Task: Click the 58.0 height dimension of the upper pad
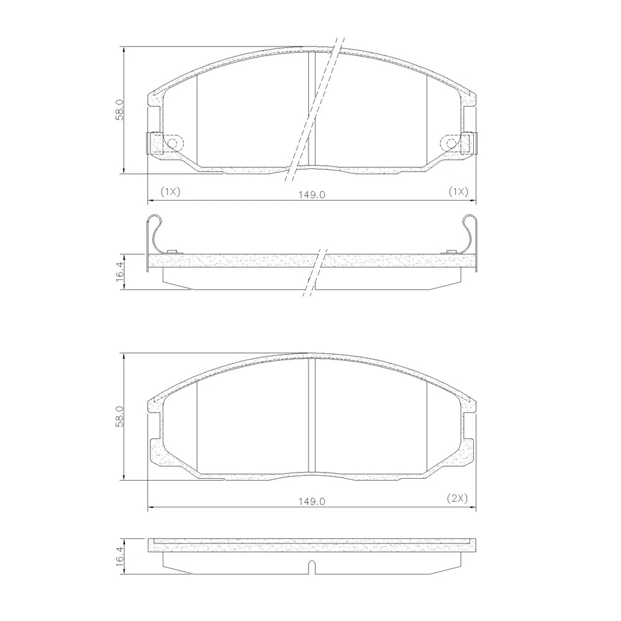click(x=120, y=110)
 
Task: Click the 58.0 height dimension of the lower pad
click(x=120, y=416)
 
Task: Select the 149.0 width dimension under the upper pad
click(x=312, y=195)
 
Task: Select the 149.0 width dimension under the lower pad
click(x=312, y=501)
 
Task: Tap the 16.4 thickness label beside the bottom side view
click(x=120, y=557)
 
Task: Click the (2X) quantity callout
click(x=458, y=498)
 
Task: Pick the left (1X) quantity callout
click(x=170, y=192)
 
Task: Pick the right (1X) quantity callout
click(x=458, y=192)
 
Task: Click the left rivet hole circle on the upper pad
click(x=173, y=143)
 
